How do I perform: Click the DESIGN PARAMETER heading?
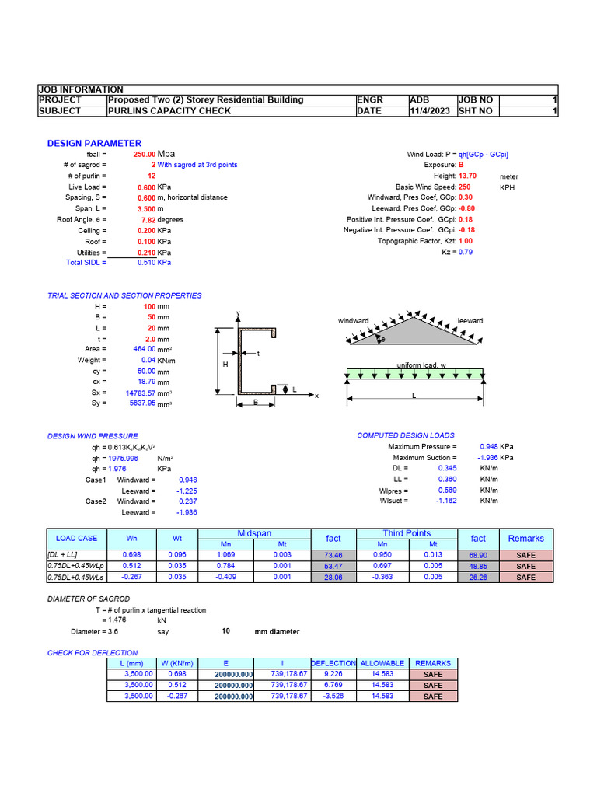pyautogui.click(x=94, y=143)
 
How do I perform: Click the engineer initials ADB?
pyautogui.click(x=419, y=100)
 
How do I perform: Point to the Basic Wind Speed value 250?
pyautogui.click(x=464, y=187)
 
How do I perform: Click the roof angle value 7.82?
pyautogui.click(x=148, y=220)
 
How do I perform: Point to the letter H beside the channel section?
pyautogui.click(x=225, y=364)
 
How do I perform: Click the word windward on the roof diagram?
pyautogui.click(x=353, y=321)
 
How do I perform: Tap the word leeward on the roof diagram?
pyautogui.click(x=470, y=321)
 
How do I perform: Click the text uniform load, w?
pyautogui.click(x=421, y=365)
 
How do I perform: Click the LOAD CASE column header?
pyautogui.click(x=76, y=539)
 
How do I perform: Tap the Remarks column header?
pyautogui.click(x=525, y=539)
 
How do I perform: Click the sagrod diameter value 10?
pyautogui.click(x=225, y=632)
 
